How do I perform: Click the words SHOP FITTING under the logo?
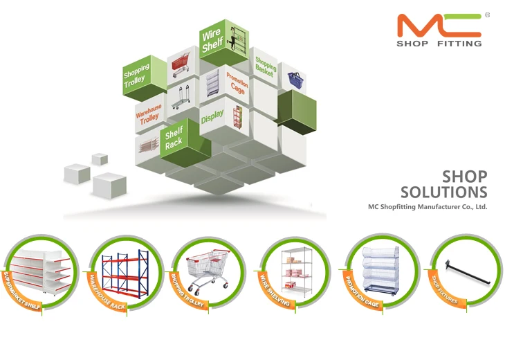pyautogui.click(x=439, y=44)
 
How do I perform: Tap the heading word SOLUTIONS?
pyautogui.click(x=443, y=192)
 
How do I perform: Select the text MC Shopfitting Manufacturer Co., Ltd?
pyautogui.click(x=428, y=206)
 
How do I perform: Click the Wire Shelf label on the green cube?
pyautogui.click(x=212, y=41)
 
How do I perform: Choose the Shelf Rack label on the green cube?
pyautogui.click(x=174, y=138)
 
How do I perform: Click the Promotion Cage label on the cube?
pyautogui.click(x=237, y=83)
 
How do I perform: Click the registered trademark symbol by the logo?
pyautogui.click(x=488, y=14)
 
